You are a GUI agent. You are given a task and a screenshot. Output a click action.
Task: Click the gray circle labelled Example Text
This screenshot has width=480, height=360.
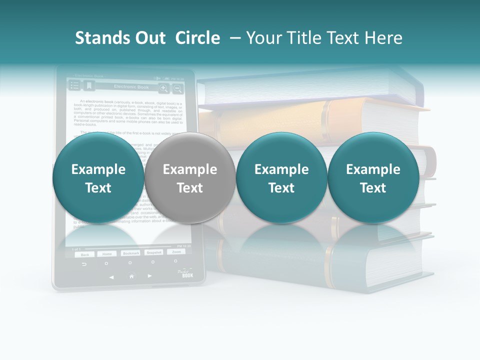coord(190,178)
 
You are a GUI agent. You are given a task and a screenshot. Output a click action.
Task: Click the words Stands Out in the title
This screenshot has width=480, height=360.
coord(120,38)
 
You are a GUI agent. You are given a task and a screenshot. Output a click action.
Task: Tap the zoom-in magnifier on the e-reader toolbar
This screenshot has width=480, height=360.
coord(163,88)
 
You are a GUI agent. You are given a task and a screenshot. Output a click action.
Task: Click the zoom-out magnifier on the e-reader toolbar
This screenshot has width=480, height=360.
coord(177,88)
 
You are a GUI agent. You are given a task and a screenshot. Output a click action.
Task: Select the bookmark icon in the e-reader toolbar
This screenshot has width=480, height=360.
coord(89,86)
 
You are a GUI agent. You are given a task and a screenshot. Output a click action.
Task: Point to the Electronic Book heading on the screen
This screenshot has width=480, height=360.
coord(131,87)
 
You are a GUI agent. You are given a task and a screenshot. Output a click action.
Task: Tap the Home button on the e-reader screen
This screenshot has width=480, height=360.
coord(107,254)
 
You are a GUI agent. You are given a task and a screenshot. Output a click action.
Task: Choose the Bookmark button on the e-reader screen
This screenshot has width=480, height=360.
coord(131,253)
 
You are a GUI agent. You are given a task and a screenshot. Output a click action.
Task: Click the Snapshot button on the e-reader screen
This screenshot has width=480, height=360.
coord(154,252)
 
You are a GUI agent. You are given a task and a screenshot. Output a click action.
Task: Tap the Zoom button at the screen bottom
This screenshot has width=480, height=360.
coord(175,252)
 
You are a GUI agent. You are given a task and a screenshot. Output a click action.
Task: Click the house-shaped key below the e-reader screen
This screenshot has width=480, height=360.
coord(131,275)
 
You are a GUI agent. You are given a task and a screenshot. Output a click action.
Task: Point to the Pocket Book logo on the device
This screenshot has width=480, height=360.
coord(186,273)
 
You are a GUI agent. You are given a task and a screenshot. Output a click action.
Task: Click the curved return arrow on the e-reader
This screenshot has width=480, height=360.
coord(84,264)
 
